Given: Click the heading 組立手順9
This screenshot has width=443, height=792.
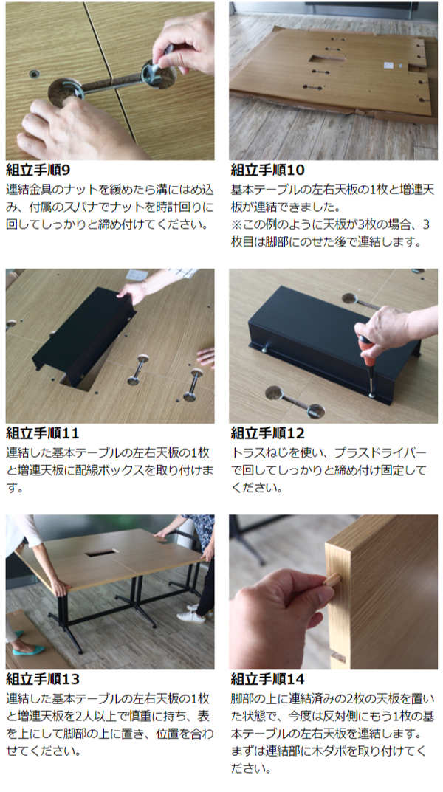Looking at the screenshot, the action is coord(38,169).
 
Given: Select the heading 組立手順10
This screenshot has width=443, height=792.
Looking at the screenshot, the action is coord(268,169).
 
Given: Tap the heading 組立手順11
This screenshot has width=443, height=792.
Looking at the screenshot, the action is coord(42,433).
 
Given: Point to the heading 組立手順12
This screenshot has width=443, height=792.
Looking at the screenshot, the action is coord(268,433).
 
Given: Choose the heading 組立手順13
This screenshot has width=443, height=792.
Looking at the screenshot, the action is coord(43,679).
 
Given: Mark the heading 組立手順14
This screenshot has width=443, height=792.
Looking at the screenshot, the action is coord(268,679).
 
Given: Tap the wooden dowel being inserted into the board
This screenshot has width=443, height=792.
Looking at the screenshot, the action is coord(332,579).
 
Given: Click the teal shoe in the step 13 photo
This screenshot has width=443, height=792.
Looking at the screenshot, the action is coord(28,650).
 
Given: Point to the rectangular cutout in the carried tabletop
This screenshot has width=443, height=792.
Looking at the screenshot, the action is coord(102,553).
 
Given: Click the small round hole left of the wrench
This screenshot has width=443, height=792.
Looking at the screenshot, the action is coord(35,75).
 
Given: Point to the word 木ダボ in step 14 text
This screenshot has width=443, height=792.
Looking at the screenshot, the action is coord(354,751).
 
